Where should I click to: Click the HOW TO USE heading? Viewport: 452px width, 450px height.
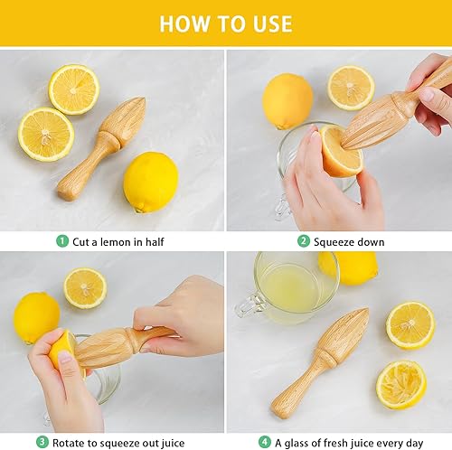pyautogui.click(x=225, y=23)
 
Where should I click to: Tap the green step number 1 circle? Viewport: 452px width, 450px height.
pyautogui.click(x=62, y=241)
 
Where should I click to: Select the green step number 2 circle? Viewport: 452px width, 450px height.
pyautogui.click(x=305, y=241)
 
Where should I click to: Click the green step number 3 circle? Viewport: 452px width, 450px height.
pyautogui.click(x=42, y=441)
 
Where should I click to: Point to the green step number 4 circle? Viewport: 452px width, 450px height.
pyautogui.click(x=265, y=441)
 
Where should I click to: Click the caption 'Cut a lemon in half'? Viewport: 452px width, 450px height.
pyautogui.click(x=118, y=241)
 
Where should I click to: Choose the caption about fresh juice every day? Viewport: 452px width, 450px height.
pyautogui.click(x=347, y=441)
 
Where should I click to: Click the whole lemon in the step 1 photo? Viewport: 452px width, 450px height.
pyautogui.click(x=150, y=182)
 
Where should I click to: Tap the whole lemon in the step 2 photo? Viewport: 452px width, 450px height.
pyautogui.click(x=287, y=100)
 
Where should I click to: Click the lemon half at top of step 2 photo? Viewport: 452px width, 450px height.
pyautogui.click(x=351, y=87)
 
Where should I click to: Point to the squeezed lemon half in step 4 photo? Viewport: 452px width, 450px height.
pyautogui.click(x=401, y=384)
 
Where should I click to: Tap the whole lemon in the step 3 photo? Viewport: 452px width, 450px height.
pyautogui.click(x=36, y=316)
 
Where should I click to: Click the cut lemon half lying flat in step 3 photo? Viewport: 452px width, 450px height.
pyautogui.click(x=85, y=287)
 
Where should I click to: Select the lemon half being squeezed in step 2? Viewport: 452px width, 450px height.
pyautogui.click(x=340, y=151)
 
